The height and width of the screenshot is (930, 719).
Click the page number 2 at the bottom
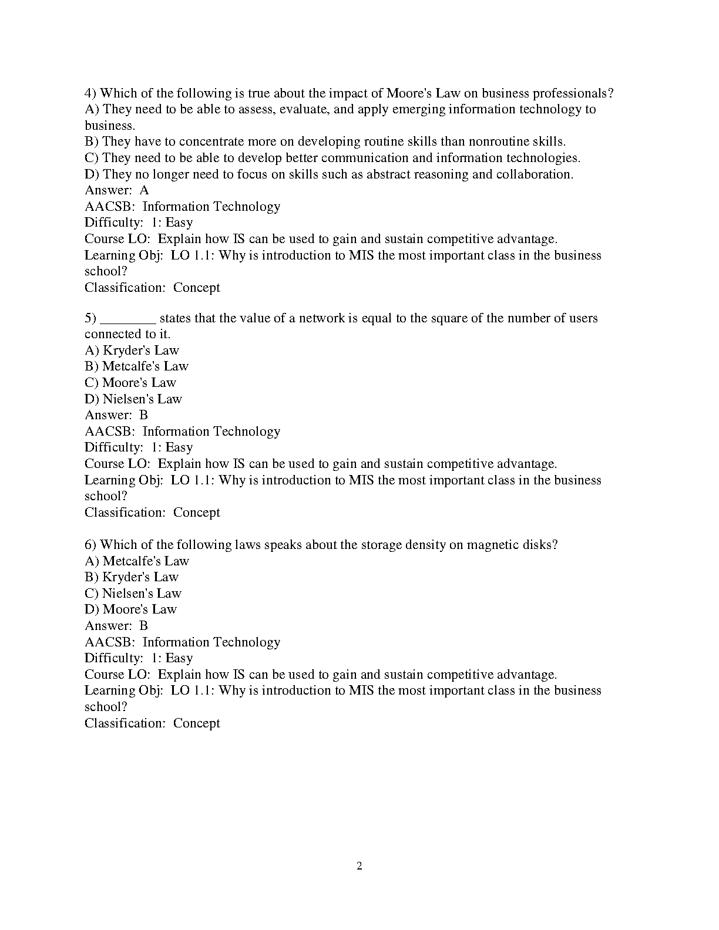point(359,866)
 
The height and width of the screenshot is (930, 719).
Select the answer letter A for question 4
point(145,190)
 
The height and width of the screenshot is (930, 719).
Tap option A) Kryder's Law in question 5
point(132,351)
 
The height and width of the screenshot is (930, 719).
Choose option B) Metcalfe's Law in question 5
point(137,366)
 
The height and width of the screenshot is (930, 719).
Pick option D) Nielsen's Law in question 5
point(133,399)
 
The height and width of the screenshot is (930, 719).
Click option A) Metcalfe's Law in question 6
point(137,561)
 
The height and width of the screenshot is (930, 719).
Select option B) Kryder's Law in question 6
point(132,577)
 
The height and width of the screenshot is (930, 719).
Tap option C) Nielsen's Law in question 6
point(133,594)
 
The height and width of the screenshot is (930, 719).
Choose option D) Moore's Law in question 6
point(130,609)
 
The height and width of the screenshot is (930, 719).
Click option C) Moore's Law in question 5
point(130,383)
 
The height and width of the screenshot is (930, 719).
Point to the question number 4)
point(90,93)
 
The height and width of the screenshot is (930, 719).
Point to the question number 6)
point(90,545)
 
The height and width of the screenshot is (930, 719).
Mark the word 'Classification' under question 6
point(125,723)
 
